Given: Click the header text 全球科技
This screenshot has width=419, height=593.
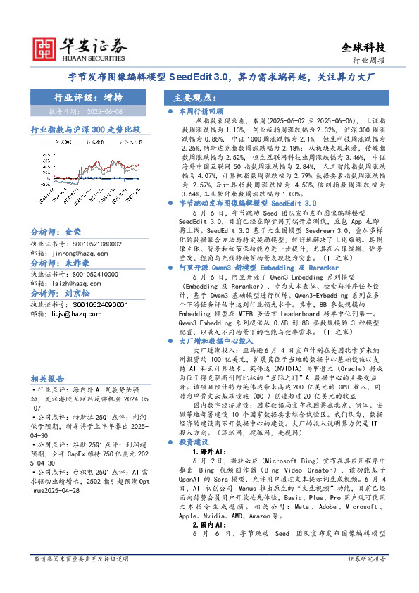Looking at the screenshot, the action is [363, 48].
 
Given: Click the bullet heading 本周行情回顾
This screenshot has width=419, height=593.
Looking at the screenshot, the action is [200, 111].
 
